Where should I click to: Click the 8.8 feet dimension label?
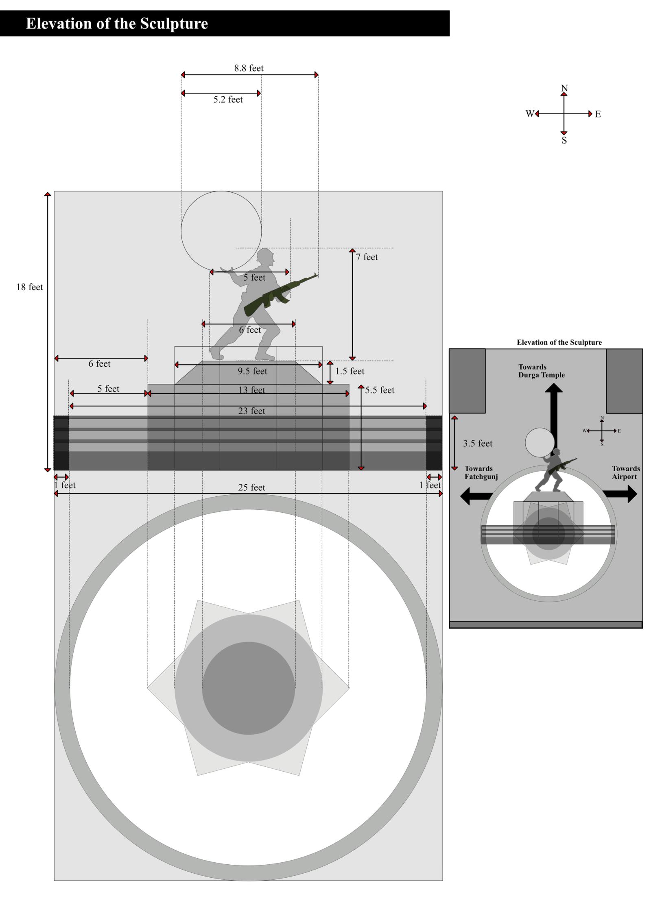[x=249, y=68]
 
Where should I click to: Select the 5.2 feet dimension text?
[x=228, y=99]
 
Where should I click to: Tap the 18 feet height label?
[x=29, y=287]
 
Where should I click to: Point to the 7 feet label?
[x=367, y=257]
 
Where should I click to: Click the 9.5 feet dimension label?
[x=252, y=371]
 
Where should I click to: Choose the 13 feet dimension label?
[x=251, y=390]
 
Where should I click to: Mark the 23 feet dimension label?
[x=251, y=411]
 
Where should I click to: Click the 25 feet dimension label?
[x=251, y=487]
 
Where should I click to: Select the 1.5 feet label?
[x=350, y=371]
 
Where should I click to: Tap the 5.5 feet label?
[x=380, y=390]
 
